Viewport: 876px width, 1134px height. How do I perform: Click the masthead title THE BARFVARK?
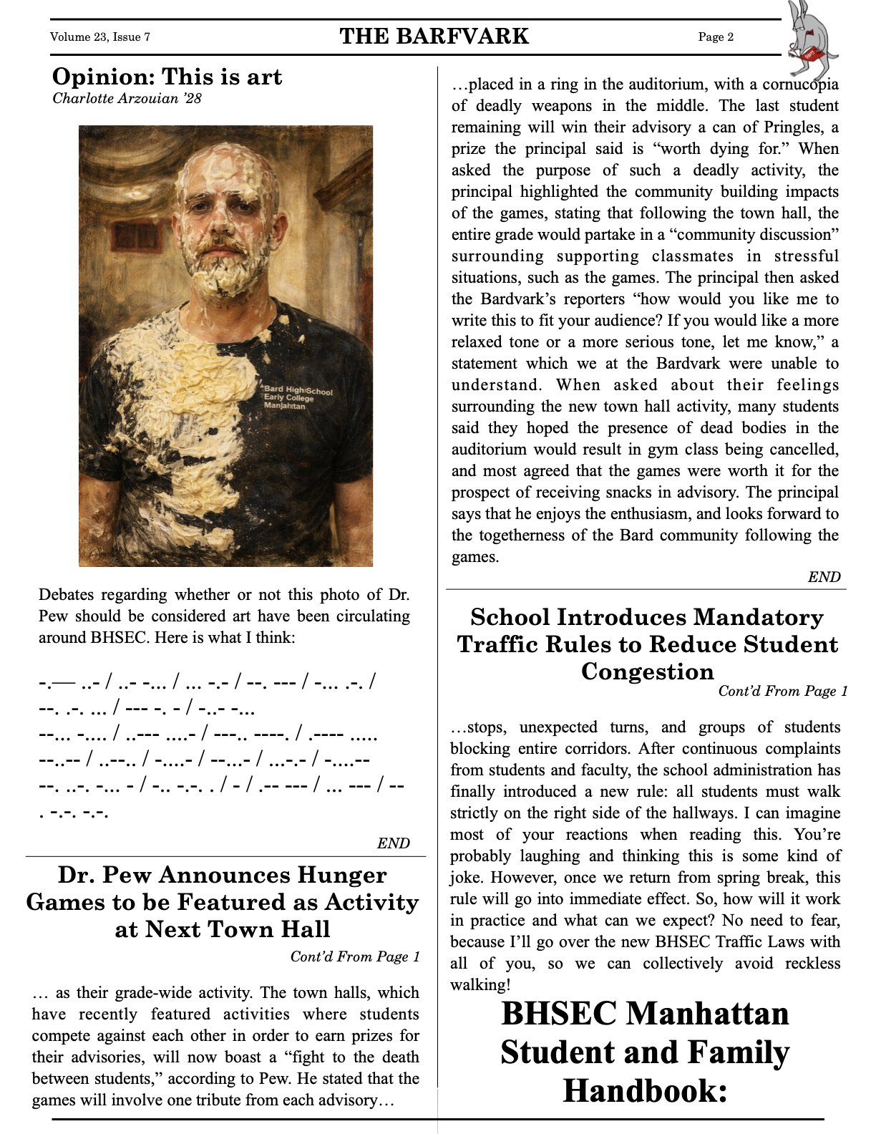[434, 37]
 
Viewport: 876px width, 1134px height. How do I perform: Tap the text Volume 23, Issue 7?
[100, 37]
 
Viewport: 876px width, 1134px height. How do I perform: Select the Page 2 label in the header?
[716, 37]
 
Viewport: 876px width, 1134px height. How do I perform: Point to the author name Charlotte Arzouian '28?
[127, 98]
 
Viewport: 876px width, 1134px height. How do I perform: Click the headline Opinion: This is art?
[167, 77]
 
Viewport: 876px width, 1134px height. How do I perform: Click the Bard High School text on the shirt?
[298, 391]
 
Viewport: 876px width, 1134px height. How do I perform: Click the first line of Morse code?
[208, 682]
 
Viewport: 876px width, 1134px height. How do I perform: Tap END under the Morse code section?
[393, 843]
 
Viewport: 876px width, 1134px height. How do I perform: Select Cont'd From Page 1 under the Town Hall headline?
[355, 956]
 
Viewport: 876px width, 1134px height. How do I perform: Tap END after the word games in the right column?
[823, 577]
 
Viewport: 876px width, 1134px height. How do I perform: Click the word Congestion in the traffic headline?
[647, 672]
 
